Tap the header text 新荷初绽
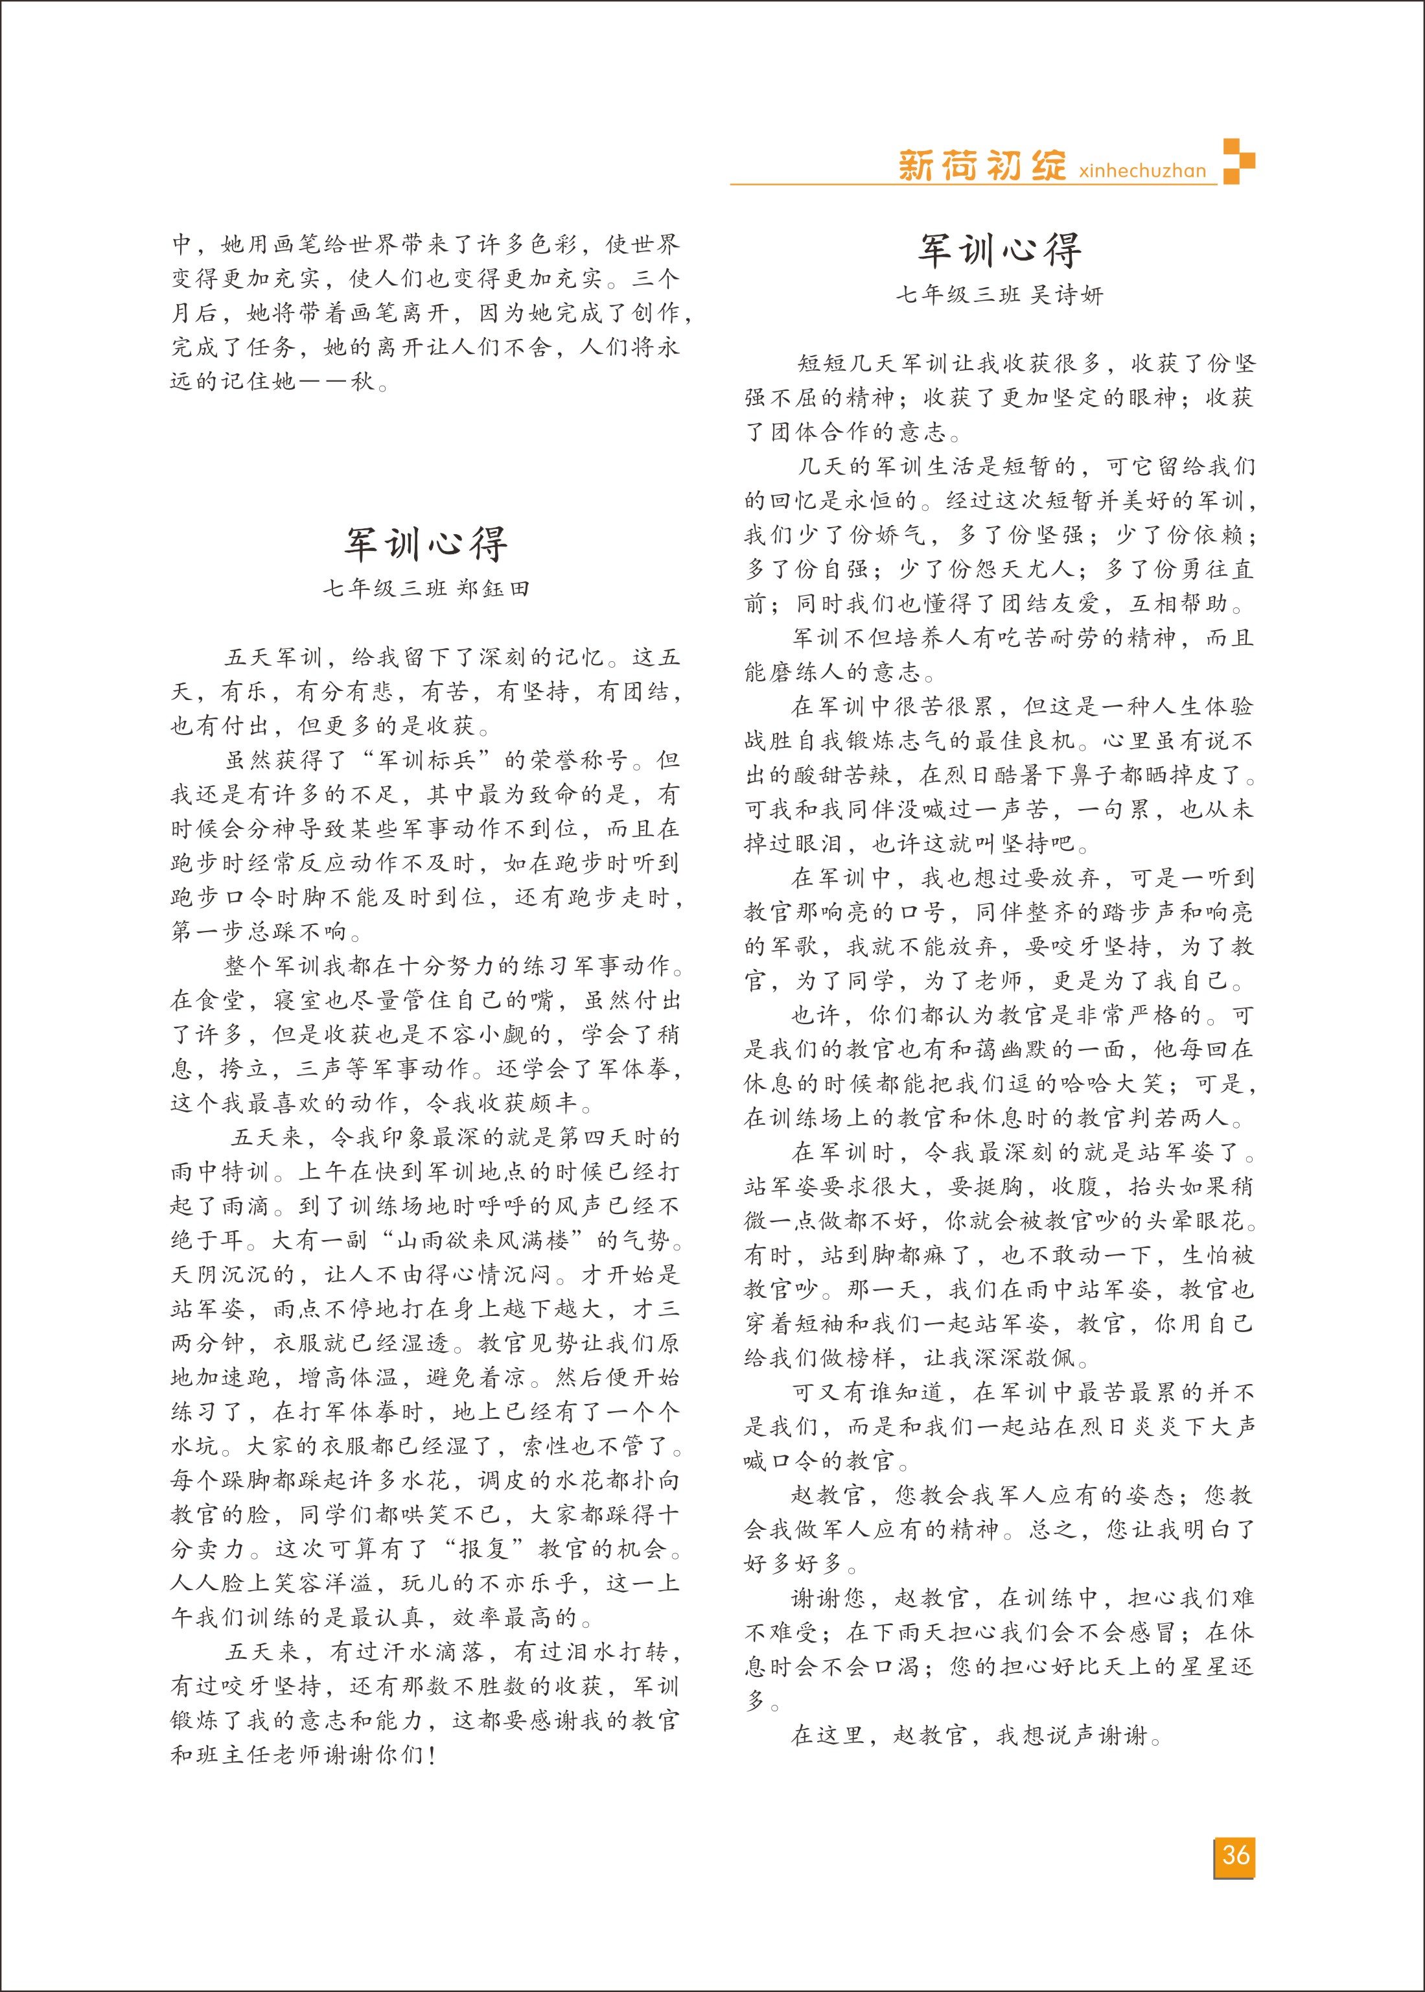pos(982,165)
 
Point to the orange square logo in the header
pos(1238,161)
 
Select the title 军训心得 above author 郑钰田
pos(426,544)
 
